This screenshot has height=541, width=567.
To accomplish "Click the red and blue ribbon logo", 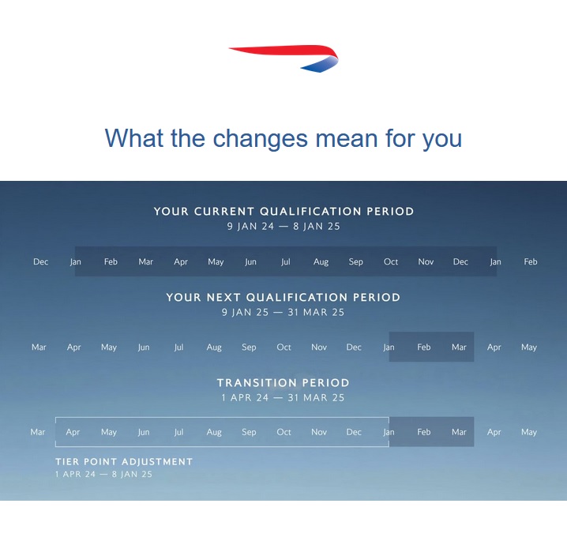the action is [x=283, y=58].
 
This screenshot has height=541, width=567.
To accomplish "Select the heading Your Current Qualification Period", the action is [x=283, y=211].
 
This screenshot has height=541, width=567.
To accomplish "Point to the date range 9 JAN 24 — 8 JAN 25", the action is [x=283, y=227].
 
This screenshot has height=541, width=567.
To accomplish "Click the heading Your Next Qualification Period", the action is [x=283, y=297].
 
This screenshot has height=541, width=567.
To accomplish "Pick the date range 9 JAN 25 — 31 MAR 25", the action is [x=283, y=312].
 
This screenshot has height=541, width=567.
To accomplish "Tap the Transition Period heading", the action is [x=283, y=382].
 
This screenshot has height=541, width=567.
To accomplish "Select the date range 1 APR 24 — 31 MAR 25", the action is [x=283, y=397].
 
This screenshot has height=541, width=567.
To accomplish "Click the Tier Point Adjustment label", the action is [x=124, y=461].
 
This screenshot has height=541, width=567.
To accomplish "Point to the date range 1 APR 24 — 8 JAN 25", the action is [x=103, y=474].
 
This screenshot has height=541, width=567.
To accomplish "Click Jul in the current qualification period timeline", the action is [x=286, y=261].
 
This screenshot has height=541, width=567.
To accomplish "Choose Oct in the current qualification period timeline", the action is [x=391, y=261].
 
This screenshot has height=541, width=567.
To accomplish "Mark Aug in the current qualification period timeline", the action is [x=321, y=262].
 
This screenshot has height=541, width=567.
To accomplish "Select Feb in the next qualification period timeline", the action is [x=424, y=348].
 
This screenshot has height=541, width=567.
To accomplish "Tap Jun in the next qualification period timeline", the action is [x=144, y=348].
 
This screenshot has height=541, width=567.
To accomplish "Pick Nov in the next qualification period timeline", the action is [x=319, y=348].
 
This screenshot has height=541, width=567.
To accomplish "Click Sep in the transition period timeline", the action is [x=249, y=432].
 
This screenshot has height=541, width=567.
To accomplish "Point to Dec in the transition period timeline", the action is [x=354, y=432].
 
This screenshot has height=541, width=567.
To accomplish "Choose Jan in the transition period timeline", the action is [x=389, y=432].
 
